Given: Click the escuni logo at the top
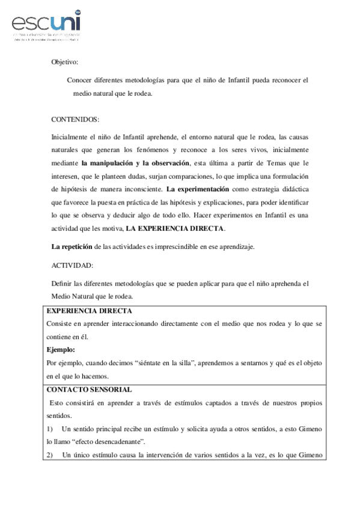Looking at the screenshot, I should [45, 25].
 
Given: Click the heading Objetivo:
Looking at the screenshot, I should [64, 61].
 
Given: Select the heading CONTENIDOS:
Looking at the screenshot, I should [75, 119].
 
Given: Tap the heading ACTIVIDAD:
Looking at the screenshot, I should [72, 263].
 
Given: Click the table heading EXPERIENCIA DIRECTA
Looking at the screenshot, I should [89, 310].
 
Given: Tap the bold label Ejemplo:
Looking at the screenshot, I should [62, 349].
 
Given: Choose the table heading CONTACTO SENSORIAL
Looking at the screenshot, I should [89, 389].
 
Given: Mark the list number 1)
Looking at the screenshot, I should [50, 428].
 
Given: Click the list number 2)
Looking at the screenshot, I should [50, 455].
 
